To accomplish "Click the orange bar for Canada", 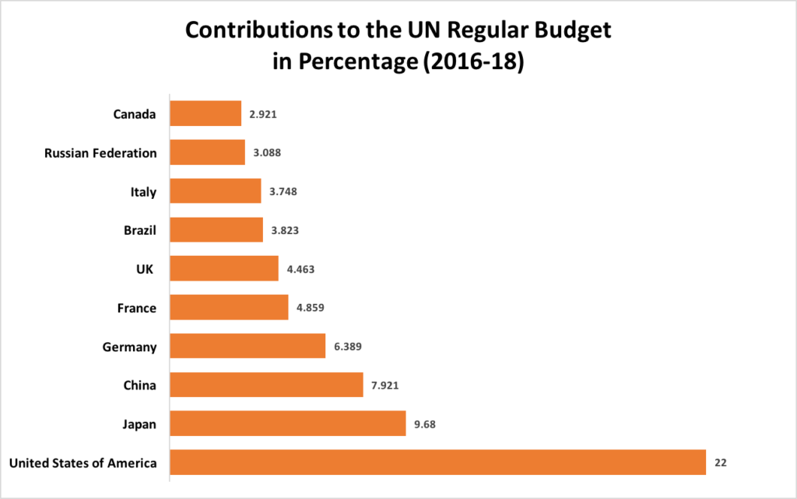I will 205,113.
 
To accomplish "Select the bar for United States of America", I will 437,462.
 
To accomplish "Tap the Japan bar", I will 287,424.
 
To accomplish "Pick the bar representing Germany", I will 247,346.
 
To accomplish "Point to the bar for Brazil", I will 216,230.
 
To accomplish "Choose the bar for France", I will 229,308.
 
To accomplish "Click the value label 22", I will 721,462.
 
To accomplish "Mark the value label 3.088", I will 267,152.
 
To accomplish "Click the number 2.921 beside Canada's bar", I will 263,113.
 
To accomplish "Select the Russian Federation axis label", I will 100,152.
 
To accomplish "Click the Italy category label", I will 143,191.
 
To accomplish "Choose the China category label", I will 139,385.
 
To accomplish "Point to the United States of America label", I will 83,462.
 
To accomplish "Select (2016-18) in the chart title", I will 472,62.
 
